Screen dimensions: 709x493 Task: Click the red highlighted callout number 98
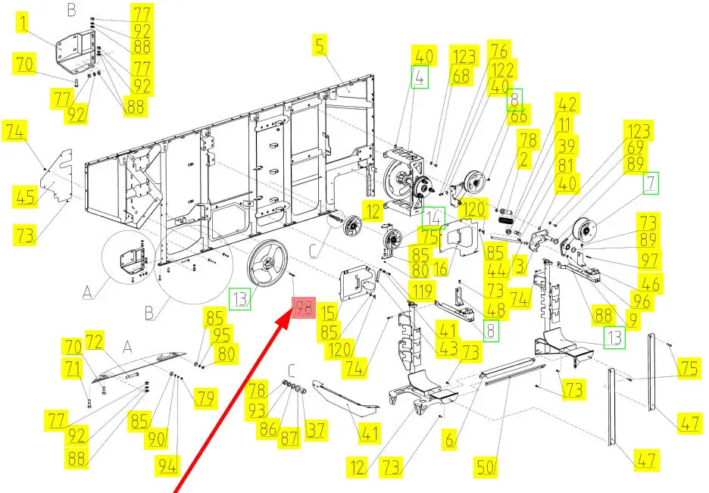[x=304, y=307]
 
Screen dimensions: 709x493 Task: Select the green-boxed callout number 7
[x=650, y=183]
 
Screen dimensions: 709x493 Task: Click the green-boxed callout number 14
[x=433, y=218]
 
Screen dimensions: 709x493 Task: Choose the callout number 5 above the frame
[x=320, y=45]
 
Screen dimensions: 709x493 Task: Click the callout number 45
[x=25, y=196]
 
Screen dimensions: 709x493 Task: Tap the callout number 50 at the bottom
[x=486, y=466]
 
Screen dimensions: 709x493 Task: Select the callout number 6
[x=449, y=438]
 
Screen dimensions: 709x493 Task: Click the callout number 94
[x=167, y=466]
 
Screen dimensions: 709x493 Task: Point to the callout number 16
[x=440, y=267]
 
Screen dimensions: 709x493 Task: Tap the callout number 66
[x=518, y=115]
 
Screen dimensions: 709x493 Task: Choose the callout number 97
[x=649, y=261]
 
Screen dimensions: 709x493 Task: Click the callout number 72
[x=95, y=342]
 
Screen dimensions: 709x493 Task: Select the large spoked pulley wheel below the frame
[x=267, y=264]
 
